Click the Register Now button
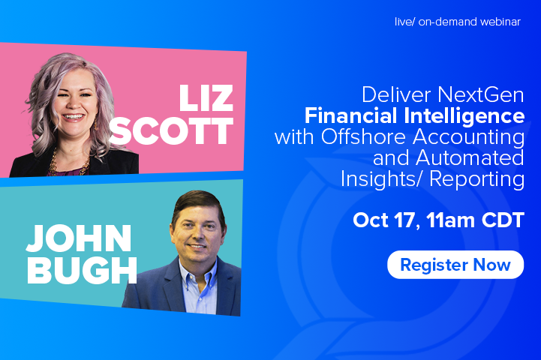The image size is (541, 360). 455,265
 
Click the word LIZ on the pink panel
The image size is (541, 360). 206,98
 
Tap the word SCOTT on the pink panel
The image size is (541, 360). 171,131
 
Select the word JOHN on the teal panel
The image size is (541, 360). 79,238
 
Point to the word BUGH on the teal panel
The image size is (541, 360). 82,270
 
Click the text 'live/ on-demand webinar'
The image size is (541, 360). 458,22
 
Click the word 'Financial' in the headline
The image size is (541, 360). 350,115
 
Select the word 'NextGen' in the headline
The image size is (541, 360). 481,94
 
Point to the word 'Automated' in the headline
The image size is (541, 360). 470,158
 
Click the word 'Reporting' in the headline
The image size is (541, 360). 476,180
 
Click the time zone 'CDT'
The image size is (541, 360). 503,220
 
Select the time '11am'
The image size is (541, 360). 450,220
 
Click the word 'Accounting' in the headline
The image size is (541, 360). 468,137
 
